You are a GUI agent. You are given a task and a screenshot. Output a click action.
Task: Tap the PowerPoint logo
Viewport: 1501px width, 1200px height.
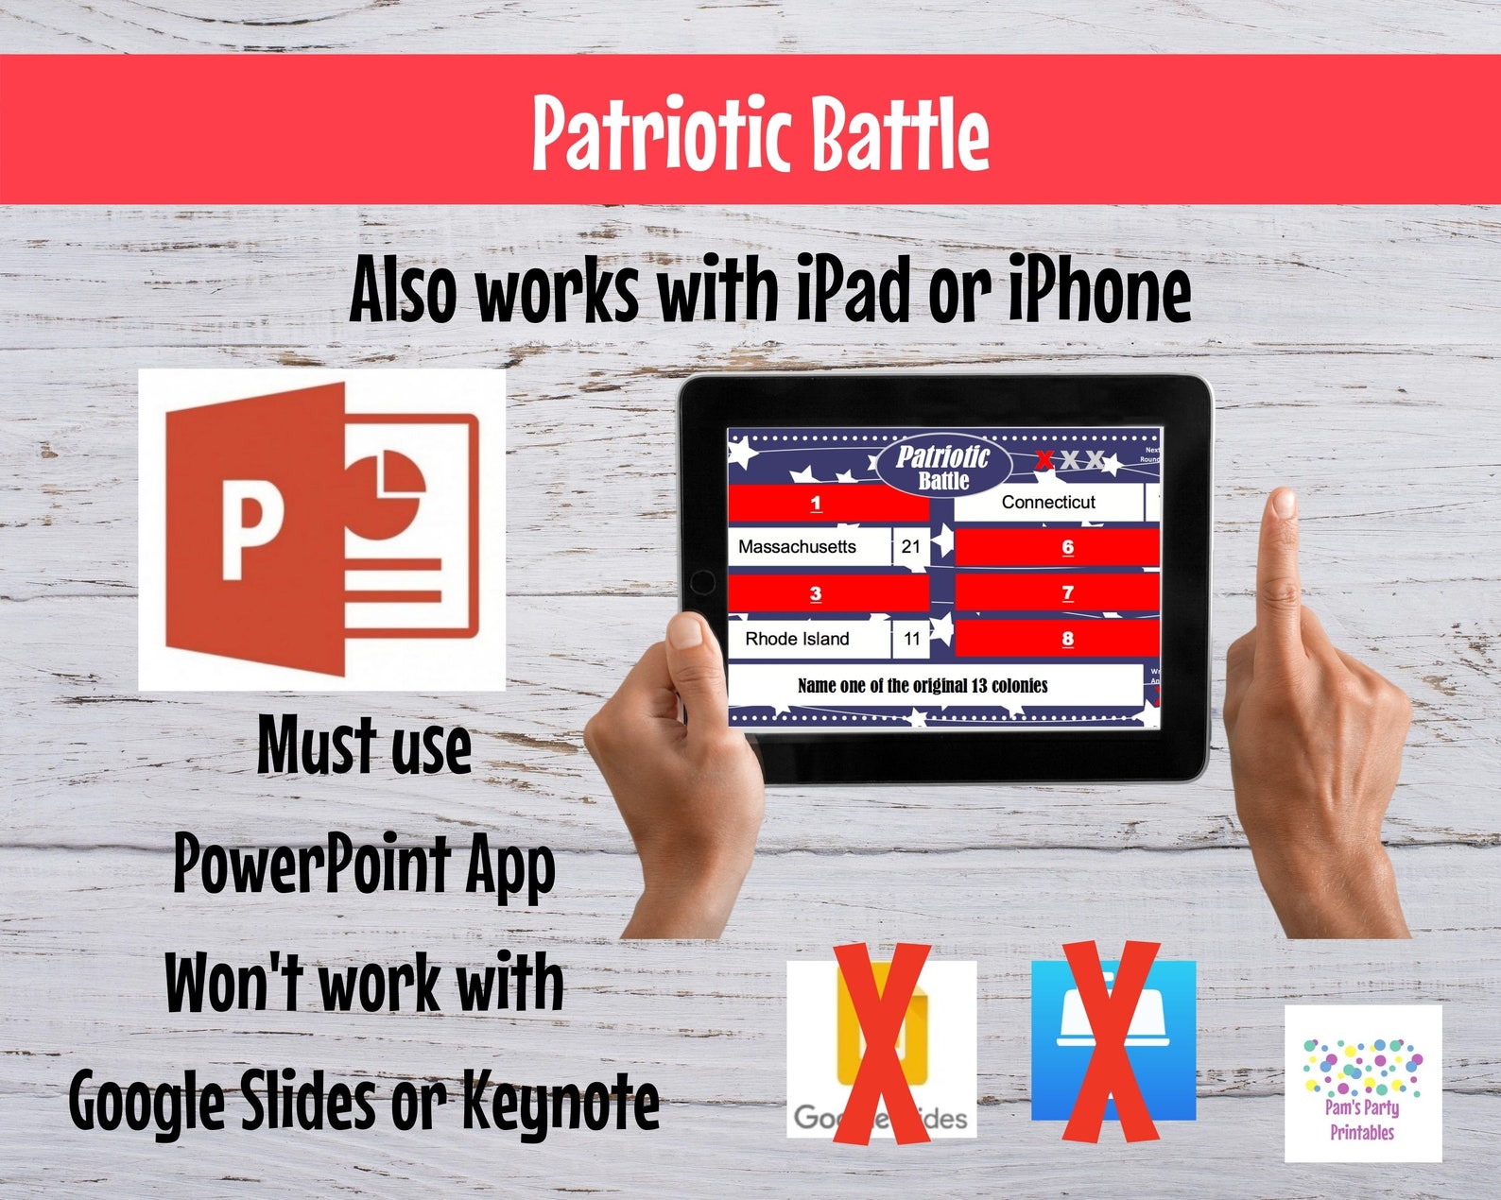click(321, 529)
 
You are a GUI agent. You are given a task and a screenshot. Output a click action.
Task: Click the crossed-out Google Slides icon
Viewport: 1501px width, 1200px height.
click(881, 1049)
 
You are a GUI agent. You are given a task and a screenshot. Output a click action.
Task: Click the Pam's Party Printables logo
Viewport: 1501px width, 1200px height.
click(1362, 1083)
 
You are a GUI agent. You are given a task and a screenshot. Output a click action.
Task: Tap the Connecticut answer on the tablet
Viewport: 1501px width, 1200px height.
click(1048, 503)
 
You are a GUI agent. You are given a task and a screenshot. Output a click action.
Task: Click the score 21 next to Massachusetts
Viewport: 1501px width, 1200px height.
click(910, 547)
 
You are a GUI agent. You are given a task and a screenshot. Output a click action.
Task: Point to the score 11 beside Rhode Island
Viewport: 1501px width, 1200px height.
click(911, 639)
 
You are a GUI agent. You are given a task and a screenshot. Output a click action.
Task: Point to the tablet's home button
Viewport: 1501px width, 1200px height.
click(702, 581)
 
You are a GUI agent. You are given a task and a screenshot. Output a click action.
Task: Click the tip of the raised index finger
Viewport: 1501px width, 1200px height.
click(1283, 504)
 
